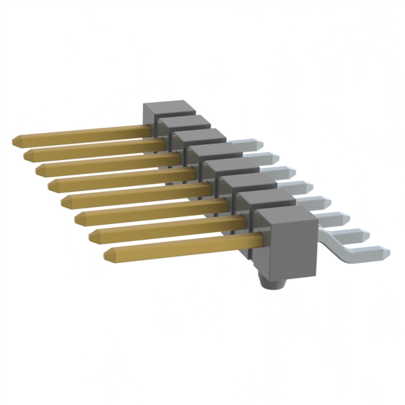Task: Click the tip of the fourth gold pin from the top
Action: (51, 185)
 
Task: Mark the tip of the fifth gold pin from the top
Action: (64, 201)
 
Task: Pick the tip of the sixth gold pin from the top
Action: (77, 218)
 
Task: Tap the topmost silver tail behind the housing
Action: (242, 145)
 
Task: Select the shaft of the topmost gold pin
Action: (82, 133)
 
